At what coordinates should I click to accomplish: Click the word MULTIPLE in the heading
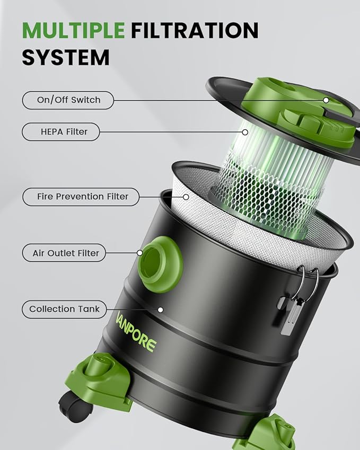(x=73, y=30)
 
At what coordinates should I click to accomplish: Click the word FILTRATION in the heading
(x=195, y=30)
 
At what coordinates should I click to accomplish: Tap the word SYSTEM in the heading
(x=65, y=57)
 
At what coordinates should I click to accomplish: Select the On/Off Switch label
(x=68, y=100)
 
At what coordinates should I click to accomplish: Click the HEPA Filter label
(x=60, y=132)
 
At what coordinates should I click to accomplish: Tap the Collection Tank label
(x=64, y=309)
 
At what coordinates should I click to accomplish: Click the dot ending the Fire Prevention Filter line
(x=186, y=197)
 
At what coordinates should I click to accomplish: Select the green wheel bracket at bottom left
(x=99, y=380)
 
